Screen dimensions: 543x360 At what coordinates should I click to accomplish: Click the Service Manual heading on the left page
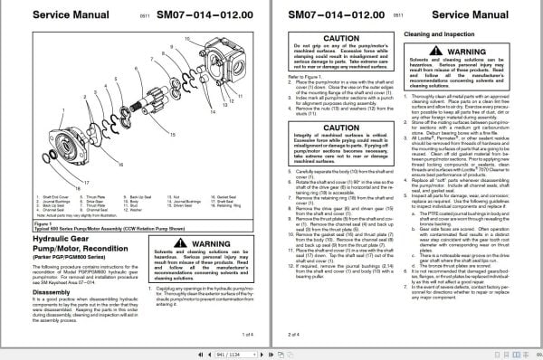[x=55, y=15]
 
